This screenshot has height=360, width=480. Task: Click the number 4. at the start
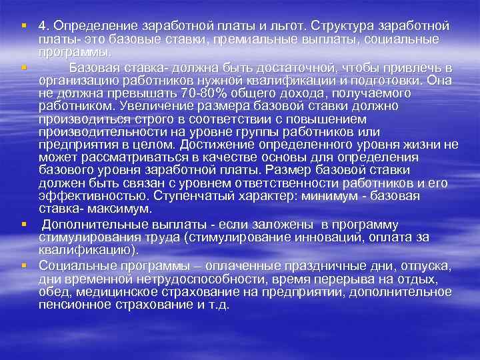click(x=44, y=26)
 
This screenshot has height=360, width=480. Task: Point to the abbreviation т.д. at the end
click(x=217, y=305)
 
